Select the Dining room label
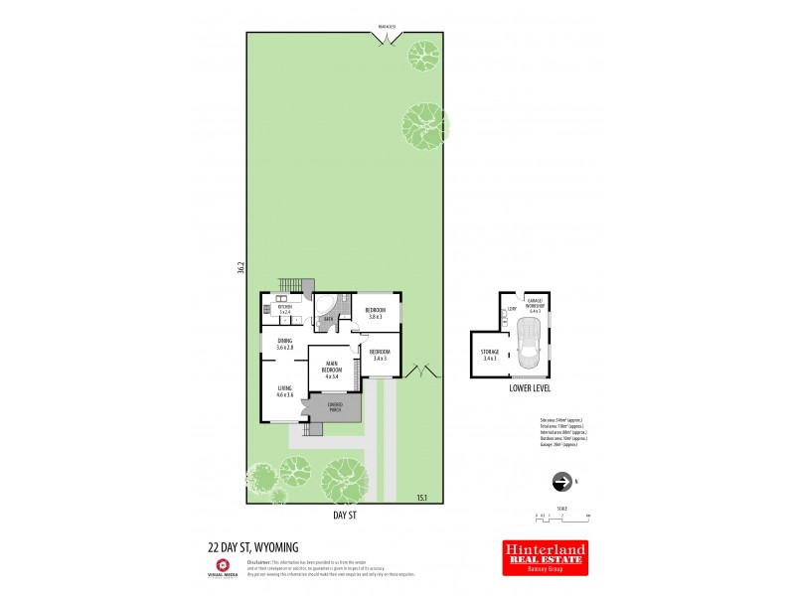point(284,345)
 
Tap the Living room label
point(284,391)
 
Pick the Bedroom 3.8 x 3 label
point(377,313)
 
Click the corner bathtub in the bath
point(325,312)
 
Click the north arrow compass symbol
point(562,483)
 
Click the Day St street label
point(347,517)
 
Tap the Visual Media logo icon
point(223,566)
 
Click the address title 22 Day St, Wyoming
point(252,546)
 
